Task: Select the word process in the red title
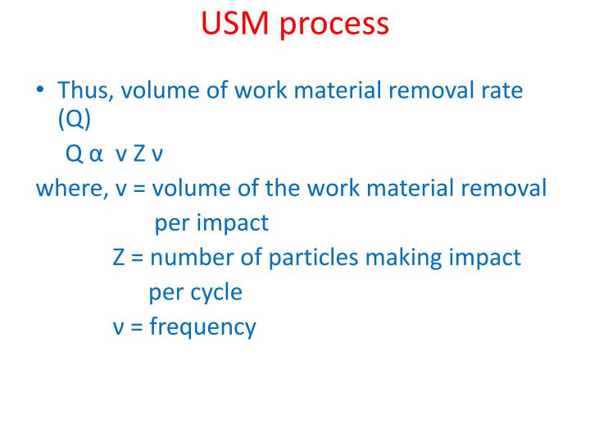pos(334,26)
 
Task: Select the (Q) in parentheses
pos(75,119)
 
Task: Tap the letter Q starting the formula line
pos(72,155)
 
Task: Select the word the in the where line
pos(281,188)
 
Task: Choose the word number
pos(189,257)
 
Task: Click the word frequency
pos(203,327)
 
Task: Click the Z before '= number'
pos(118,257)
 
